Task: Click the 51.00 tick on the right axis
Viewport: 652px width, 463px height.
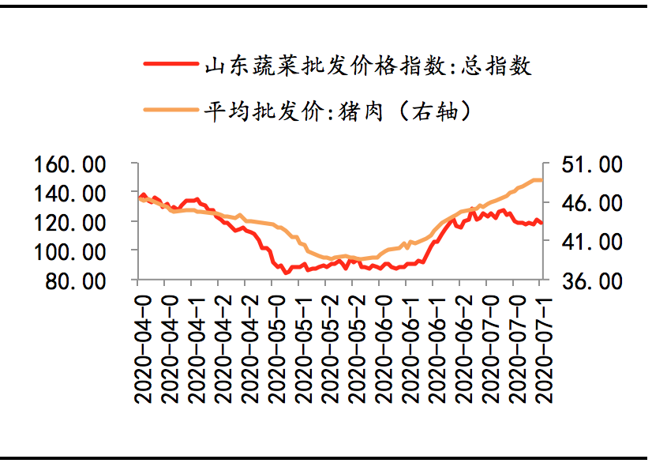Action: tap(593, 164)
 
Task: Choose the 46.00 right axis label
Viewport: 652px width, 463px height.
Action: tap(593, 203)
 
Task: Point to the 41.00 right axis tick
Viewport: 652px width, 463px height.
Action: tap(593, 242)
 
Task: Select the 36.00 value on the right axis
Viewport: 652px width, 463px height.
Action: tap(593, 281)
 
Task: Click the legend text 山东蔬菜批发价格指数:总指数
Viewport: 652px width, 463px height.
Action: tap(368, 66)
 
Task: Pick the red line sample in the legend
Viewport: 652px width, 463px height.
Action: tap(170, 64)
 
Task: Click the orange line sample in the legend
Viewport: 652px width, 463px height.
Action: tap(170, 111)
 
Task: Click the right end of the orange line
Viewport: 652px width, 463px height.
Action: tap(541, 180)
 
